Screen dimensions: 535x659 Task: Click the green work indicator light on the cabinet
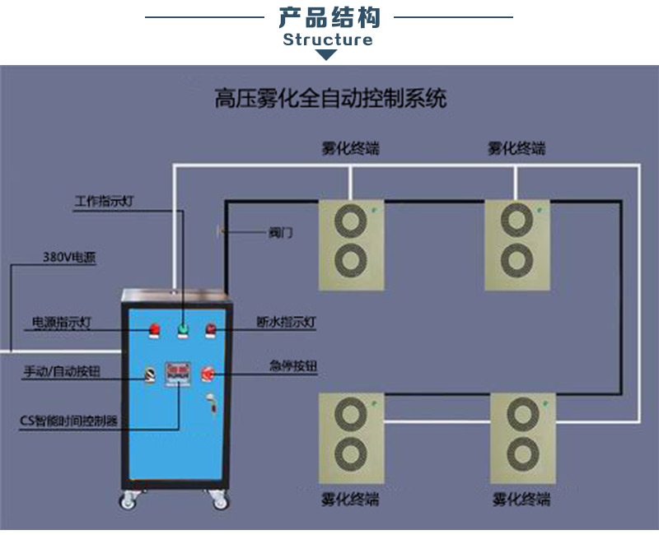[183, 330]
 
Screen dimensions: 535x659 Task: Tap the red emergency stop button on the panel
[208, 374]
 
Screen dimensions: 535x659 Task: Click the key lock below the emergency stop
[212, 402]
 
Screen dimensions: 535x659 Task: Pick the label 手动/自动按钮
[62, 372]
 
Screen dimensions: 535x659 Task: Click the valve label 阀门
[281, 232]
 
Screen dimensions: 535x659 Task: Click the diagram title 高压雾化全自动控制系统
[329, 100]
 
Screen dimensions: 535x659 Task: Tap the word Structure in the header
[328, 40]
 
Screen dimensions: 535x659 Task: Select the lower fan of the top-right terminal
[516, 260]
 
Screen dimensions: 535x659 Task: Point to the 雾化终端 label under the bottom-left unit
[349, 500]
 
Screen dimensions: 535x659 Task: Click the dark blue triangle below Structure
[327, 55]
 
